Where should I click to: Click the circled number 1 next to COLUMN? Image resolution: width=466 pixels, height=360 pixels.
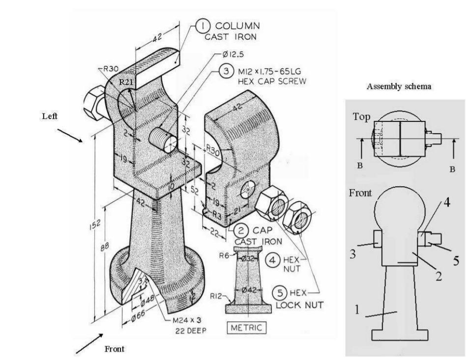pos(203,25)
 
